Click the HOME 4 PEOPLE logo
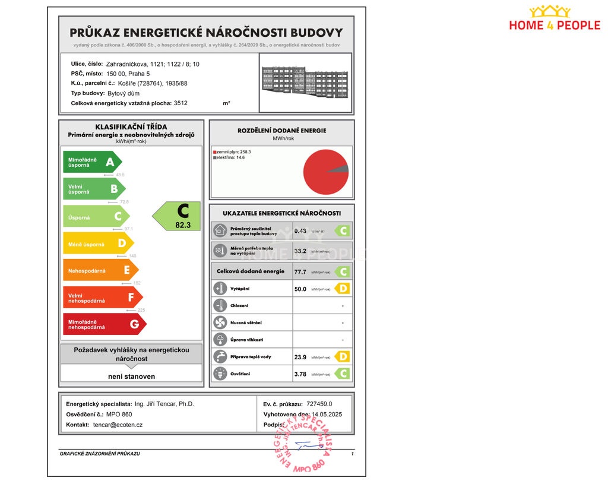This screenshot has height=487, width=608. (x=554, y=18)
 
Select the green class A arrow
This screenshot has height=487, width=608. (x=92, y=162)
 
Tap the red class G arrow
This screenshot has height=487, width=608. (x=104, y=324)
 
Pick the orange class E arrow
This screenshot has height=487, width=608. (x=100, y=270)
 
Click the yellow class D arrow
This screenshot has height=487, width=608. (x=98, y=243)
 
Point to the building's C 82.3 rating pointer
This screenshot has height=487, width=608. (x=178, y=216)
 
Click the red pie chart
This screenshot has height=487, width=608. (x=325, y=172)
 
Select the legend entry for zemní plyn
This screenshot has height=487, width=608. (x=232, y=152)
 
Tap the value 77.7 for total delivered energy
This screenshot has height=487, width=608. (x=300, y=272)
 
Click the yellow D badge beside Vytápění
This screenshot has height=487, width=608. (x=342, y=289)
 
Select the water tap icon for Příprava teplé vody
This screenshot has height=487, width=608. (x=220, y=357)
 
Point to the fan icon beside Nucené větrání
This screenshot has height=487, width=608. (x=220, y=323)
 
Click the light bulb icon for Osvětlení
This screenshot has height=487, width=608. (x=220, y=374)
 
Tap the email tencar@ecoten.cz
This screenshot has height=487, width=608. (x=118, y=425)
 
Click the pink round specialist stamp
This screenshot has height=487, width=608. (x=303, y=444)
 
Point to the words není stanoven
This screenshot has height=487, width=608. (x=131, y=377)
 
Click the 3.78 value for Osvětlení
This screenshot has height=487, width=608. (x=300, y=374)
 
